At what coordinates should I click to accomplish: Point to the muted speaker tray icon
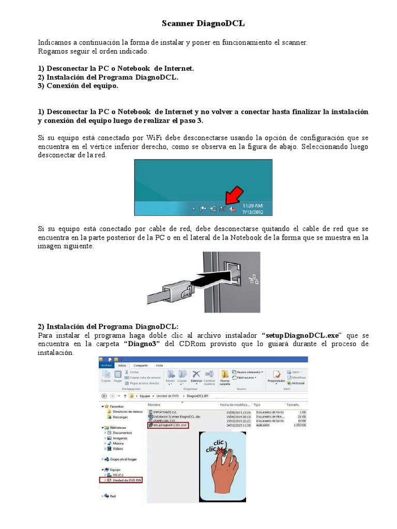pyautogui.click(x=233, y=209)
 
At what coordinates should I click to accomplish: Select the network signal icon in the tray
pyautogui.click(x=223, y=209)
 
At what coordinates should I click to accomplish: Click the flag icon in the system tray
pyautogui.click(x=204, y=209)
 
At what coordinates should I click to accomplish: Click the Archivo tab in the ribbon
pyautogui.click(x=106, y=365)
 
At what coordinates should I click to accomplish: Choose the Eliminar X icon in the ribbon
pyautogui.click(x=196, y=374)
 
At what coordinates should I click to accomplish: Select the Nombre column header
pyautogui.click(x=155, y=405)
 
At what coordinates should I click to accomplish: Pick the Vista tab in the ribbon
pyautogui.click(x=159, y=365)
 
